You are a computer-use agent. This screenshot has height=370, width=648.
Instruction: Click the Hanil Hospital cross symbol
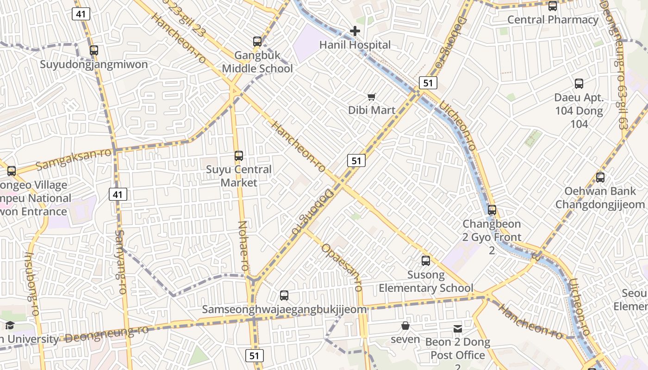coord(355,31)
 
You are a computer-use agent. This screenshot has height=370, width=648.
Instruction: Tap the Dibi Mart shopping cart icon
coord(371,97)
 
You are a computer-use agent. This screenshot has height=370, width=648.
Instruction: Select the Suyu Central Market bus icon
coord(239,156)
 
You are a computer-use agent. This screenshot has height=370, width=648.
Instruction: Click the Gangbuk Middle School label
coord(257,62)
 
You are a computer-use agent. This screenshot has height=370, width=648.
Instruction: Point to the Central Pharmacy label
coord(553,20)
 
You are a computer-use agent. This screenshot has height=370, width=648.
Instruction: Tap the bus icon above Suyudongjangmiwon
coord(94,50)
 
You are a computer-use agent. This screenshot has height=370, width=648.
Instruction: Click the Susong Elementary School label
coord(426,282)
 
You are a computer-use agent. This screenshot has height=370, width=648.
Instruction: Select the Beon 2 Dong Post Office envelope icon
coord(457,329)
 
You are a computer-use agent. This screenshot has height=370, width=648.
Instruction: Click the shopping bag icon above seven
coord(405,326)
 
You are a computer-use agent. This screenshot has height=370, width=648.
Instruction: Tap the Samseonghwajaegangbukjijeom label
coord(284,309)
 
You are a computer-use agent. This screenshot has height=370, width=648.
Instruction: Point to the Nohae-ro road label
coord(243,246)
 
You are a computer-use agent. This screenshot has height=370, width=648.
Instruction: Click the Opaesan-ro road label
coord(342,267)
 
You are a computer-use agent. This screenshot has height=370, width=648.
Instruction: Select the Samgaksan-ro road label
coord(74,159)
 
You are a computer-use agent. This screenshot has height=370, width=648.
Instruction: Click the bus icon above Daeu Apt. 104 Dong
coord(579,84)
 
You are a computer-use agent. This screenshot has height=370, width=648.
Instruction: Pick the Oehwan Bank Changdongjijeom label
coord(600,198)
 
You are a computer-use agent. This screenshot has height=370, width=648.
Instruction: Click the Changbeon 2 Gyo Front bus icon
coord(492,210)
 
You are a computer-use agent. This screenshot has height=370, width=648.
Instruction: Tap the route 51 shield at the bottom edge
coord(254,355)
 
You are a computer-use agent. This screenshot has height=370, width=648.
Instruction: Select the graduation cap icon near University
coord(10,326)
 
